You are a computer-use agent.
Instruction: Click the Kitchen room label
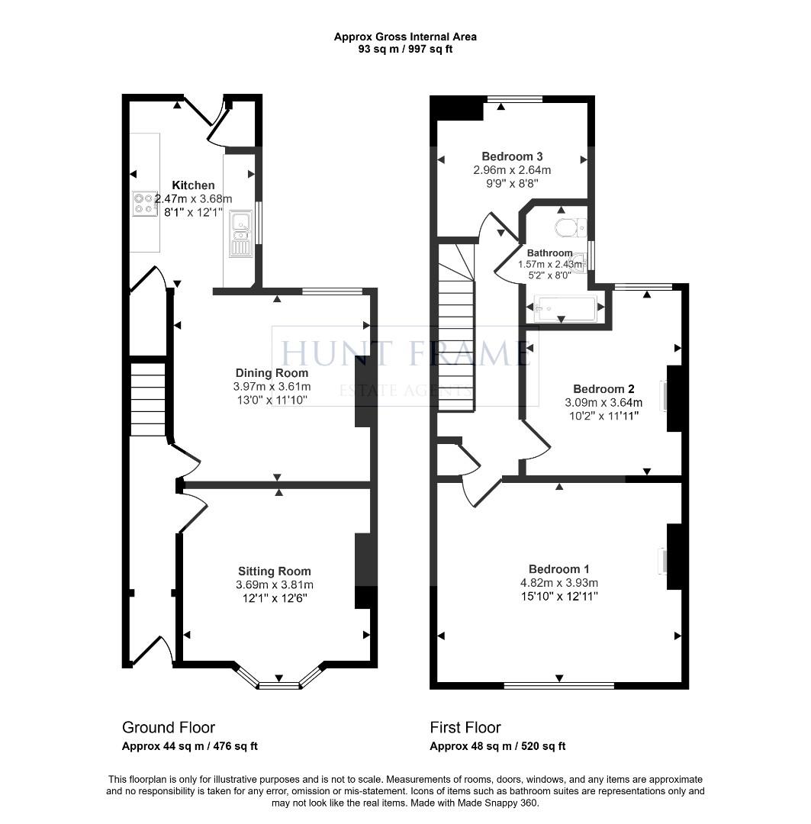[x=193, y=185]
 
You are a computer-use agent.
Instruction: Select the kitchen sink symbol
[x=241, y=233]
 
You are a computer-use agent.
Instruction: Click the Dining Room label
[x=272, y=373]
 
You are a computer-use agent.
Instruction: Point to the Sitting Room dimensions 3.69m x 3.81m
[x=274, y=585]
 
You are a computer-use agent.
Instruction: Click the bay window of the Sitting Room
[x=278, y=684]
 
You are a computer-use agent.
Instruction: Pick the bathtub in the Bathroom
[x=565, y=309]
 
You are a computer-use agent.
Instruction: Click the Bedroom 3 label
[x=512, y=156]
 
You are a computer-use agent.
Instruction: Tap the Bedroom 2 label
[x=603, y=388]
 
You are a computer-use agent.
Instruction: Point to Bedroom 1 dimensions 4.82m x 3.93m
[x=559, y=583]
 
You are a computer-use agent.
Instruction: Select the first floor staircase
[x=455, y=328]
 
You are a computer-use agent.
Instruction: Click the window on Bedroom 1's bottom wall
[x=559, y=685]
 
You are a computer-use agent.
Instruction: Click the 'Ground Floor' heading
[x=169, y=728]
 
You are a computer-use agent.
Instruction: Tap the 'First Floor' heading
[x=465, y=728]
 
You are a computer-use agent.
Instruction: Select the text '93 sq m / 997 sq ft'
[x=405, y=50]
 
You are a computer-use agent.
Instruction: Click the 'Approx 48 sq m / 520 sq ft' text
[x=497, y=746]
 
